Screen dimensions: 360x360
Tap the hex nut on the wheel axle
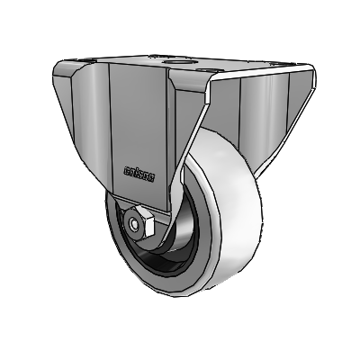pos(143,220)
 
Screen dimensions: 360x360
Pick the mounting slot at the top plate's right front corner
pos(211,71)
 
